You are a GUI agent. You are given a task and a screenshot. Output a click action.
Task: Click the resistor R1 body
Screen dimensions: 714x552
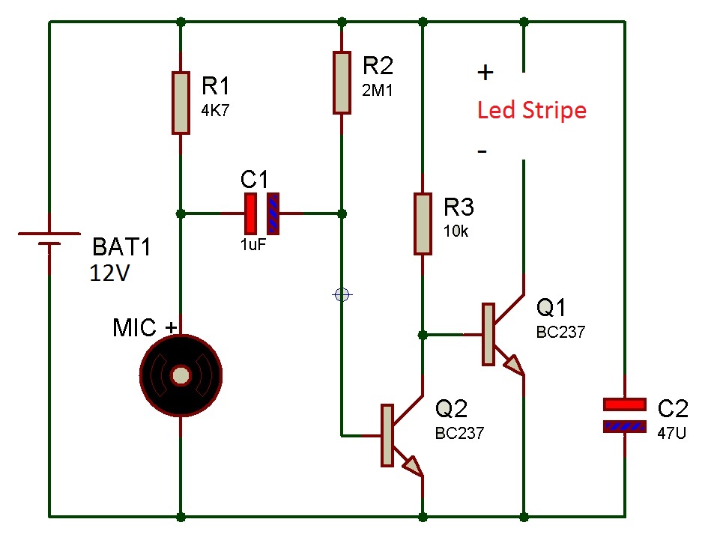click(181, 103)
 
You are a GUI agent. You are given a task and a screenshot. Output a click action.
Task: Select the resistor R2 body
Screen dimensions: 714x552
click(342, 82)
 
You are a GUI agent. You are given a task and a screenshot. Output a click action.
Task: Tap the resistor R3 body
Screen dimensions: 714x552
click(423, 223)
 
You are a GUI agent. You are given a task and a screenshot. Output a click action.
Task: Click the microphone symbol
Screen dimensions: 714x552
click(181, 375)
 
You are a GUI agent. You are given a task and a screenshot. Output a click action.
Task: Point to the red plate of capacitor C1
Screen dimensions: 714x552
click(250, 213)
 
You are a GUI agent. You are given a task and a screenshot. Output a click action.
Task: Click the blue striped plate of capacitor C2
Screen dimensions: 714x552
click(625, 427)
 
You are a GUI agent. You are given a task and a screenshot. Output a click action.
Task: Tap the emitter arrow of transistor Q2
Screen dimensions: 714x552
click(413, 466)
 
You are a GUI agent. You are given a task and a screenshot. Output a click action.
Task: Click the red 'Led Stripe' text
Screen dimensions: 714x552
click(531, 111)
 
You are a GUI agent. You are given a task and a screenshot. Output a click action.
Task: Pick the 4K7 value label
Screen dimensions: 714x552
click(215, 110)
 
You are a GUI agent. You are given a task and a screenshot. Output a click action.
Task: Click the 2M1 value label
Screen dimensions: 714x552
click(377, 90)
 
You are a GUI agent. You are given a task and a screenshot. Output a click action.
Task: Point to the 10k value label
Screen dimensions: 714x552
click(456, 231)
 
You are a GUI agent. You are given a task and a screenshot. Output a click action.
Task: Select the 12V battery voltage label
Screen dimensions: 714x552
click(109, 273)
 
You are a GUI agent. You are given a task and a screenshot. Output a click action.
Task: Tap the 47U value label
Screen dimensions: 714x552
click(671, 433)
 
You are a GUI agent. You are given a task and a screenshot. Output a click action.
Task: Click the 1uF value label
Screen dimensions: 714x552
click(253, 245)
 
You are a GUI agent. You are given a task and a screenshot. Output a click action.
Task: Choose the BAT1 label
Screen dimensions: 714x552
click(121, 247)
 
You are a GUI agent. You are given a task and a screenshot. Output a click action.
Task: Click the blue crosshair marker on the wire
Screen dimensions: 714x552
click(342, 295)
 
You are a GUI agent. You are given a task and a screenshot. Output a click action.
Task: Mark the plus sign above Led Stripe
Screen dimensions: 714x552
click(485, 73)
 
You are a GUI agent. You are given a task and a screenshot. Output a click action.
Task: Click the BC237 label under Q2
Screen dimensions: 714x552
click(459, 433)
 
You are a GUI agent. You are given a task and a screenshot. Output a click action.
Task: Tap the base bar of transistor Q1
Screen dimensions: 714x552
click(488, 335)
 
